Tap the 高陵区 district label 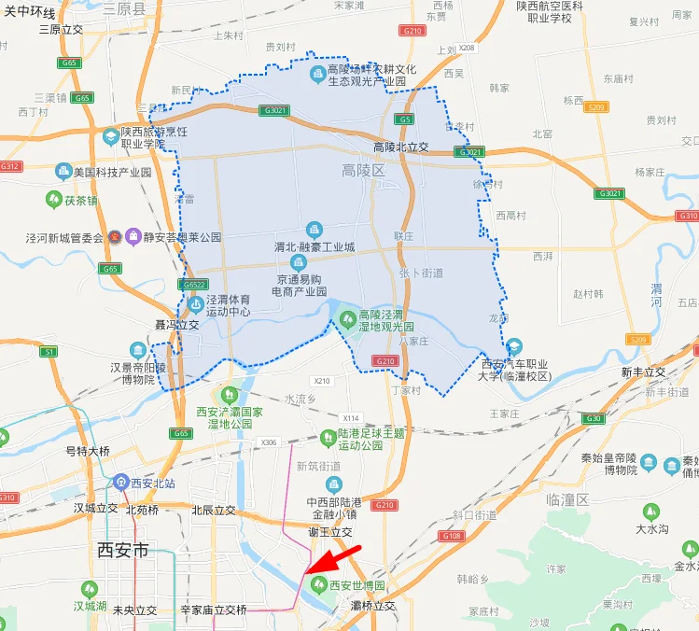pyautogui.click(x=363, y=171)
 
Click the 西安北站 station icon pyautogui.click(x=120, y=483)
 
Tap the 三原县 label pyautogui.click(x=124, y=8)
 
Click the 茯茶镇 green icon pyautogui.click(x=55, y=199)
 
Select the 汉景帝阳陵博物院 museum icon pyautogui.click(x=138, y=350)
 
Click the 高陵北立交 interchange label pyautogui.click(x=400, y=147)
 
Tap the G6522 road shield pyautogui.click(x=194, y=285)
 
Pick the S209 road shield pyautogui.click(x=638, y=339)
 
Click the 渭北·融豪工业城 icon pyautogui.click(x=315, y=230)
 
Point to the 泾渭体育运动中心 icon pyautogui.click(x=195, y=304)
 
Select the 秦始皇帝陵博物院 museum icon pyautogui.click(x=648, y=464)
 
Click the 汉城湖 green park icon pyautogui.click(x=90, y=589)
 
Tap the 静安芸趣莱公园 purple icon pyautogui.click(x=133, y=237)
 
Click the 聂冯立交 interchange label pyautogui.click(x=176, y=325)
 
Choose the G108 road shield pyautogui.click(x=453, y=536)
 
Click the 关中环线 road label pyautogui.click(x=30, y=11)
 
